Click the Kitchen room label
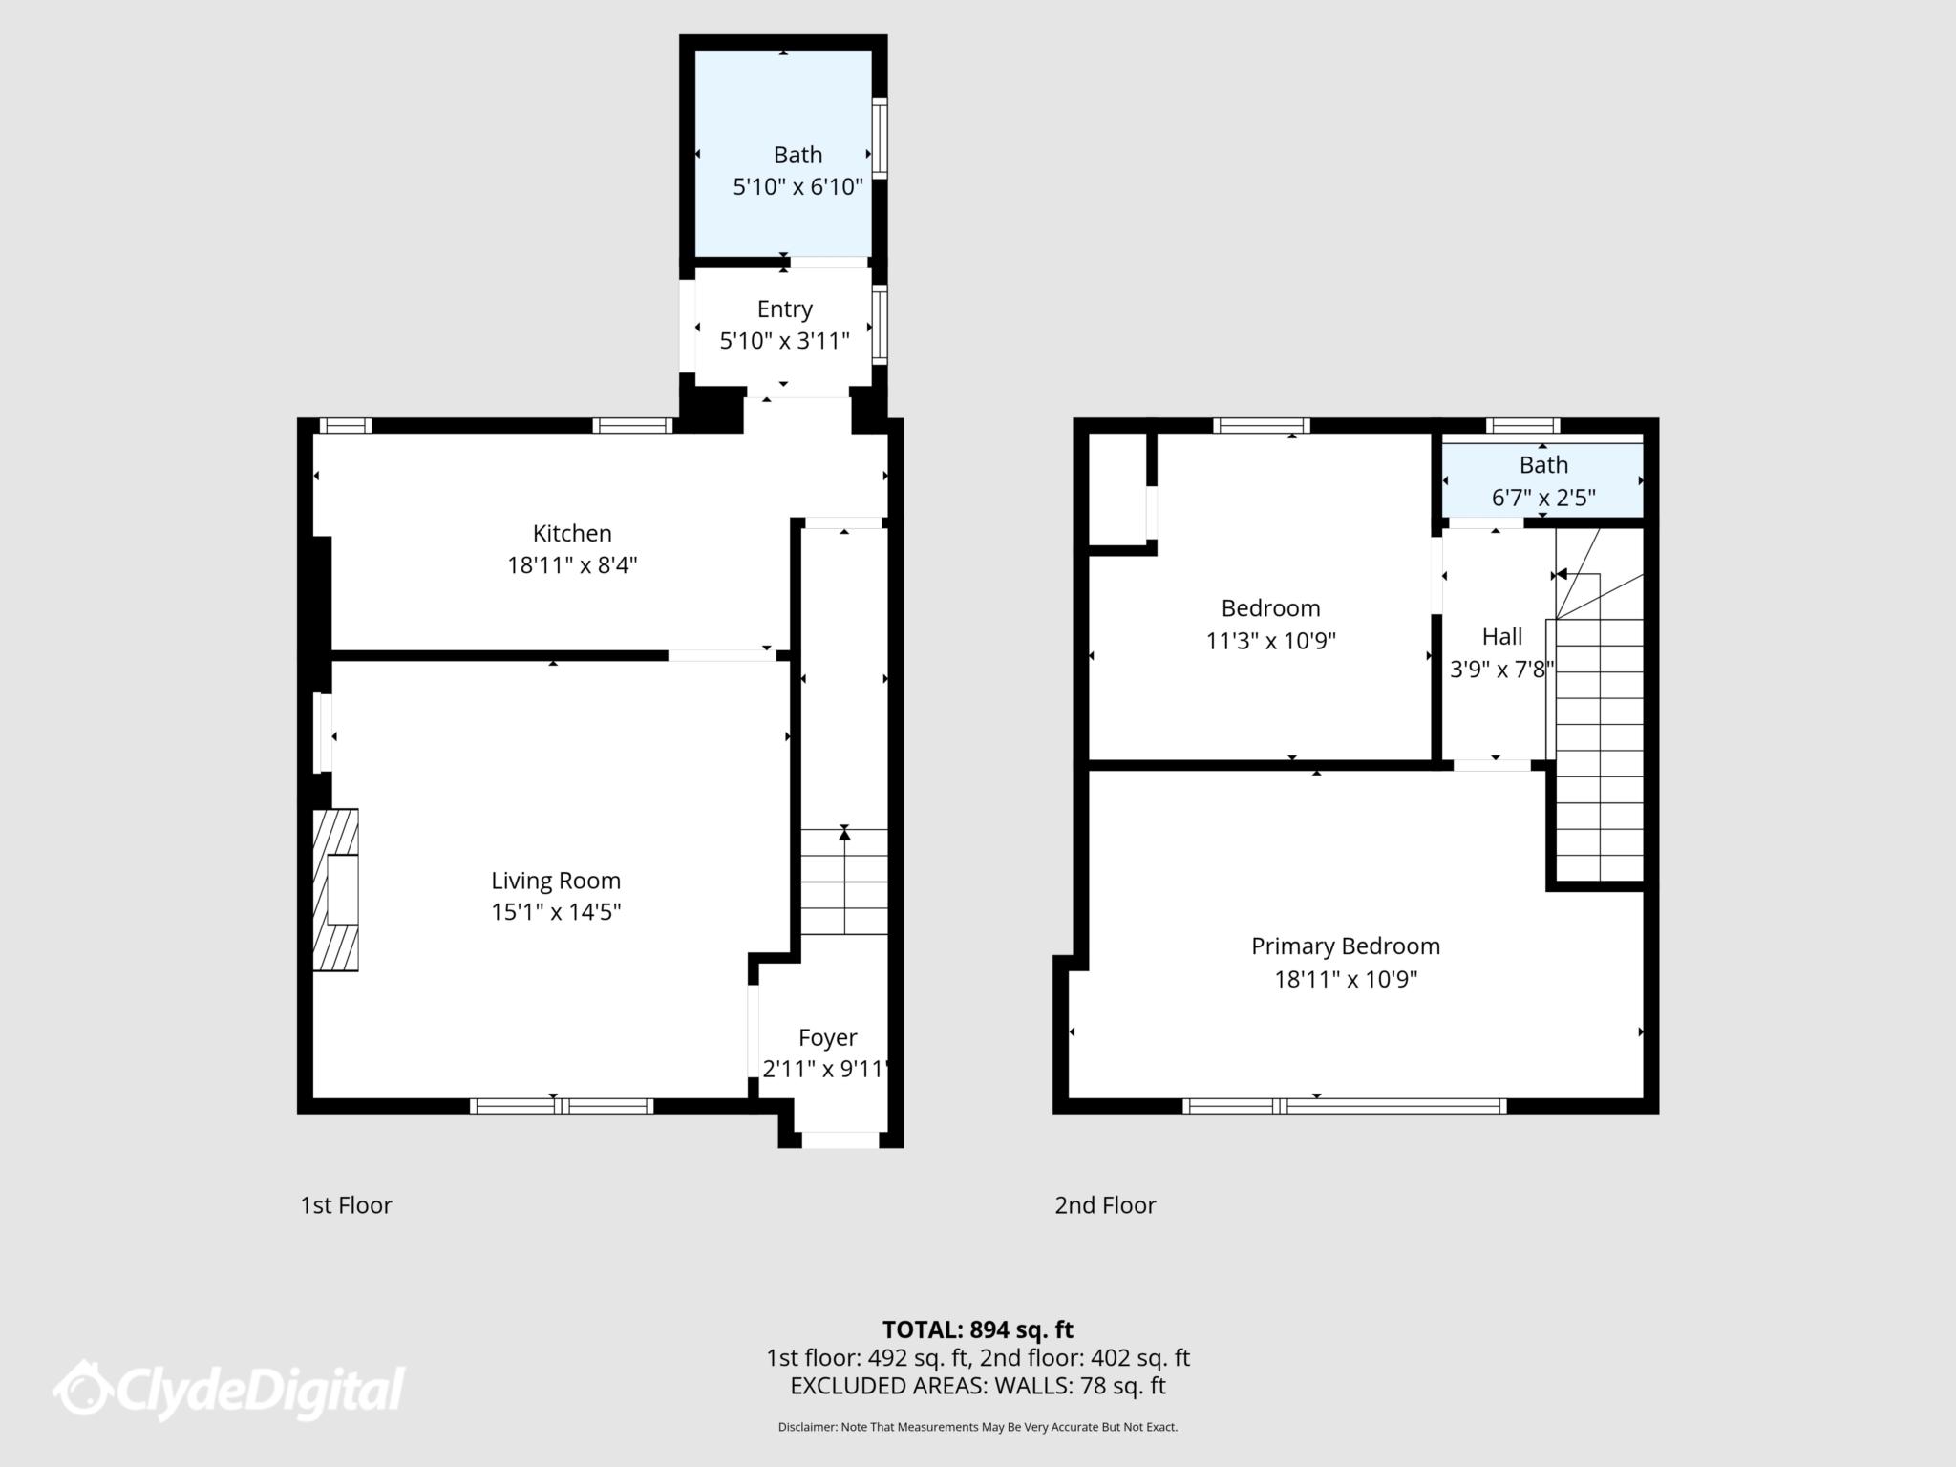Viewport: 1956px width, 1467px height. tap(571, 533)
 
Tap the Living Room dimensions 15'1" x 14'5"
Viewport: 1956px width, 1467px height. tap(556, 912)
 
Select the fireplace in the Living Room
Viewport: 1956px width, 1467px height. tap(336, 890)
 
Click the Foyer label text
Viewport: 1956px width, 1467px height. tap(827, 1037)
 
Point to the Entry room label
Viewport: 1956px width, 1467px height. tap(784, 309)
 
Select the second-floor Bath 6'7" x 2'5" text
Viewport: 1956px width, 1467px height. tap(1543, 498)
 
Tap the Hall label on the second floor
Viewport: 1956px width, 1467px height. tap(1501, 637)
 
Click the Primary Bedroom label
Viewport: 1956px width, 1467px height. tap(1345, 946)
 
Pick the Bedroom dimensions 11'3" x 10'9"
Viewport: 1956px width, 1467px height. tap(1270, 641)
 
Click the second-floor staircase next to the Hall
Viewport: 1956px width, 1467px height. tap(1600, 745)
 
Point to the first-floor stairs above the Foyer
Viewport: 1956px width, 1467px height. tap(844, 882)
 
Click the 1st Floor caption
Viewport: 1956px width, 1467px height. tap(346, 1205)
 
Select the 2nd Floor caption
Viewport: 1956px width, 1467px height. tap(1105, 1205)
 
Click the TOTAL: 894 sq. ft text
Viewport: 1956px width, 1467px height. tap(977, 1329)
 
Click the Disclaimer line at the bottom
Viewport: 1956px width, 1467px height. tap(977, 1427)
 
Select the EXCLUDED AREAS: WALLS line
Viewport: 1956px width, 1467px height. tap(977, 1386)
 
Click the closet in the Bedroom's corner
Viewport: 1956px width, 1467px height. tap(1117, 489)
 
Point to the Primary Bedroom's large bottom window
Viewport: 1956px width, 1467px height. tap(1344, 1106)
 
